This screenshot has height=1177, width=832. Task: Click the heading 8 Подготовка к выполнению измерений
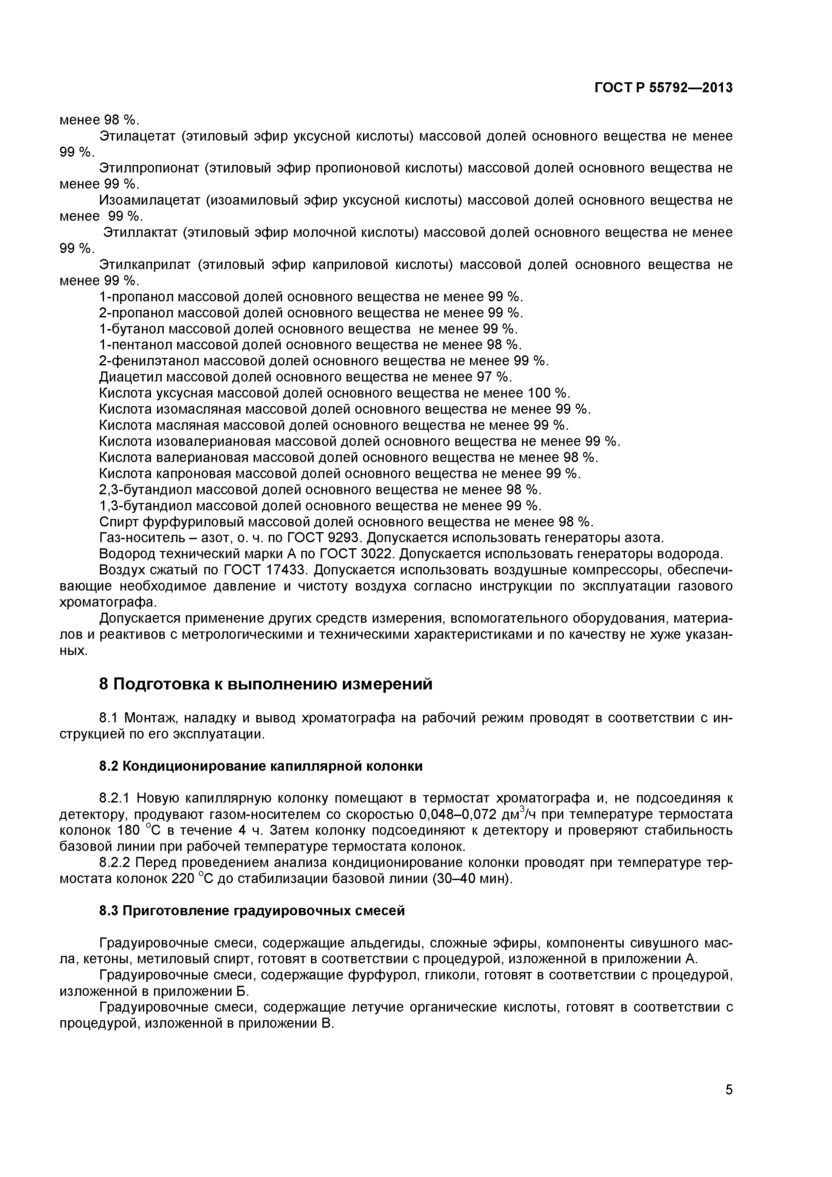266,684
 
